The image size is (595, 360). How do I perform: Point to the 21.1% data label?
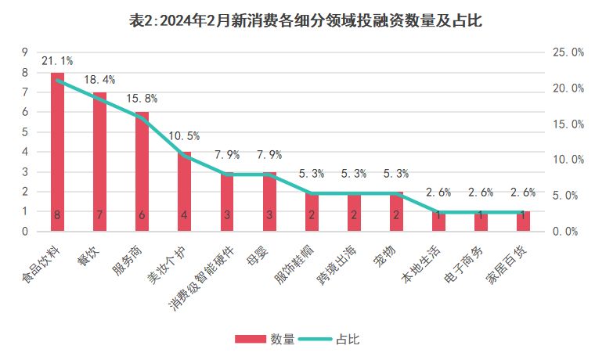pyautogui.click(x=57, y=60)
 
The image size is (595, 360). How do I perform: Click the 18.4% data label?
pyautogui.click(x=99, y=80)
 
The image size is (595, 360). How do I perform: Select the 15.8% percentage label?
pyautogui.click(x=142, y=99)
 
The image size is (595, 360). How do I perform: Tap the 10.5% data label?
pyautogui.click(x=184, y=136)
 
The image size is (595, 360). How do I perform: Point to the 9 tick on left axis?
pyautogui.click(x=25, y=52)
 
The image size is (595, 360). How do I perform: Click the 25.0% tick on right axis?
pyautogui.click(x=568, y=52)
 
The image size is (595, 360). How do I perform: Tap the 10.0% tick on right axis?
pyautogui.click(x=568, y=160)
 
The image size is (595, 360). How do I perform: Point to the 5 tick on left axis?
pyautogui.click(x=25, y=131)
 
